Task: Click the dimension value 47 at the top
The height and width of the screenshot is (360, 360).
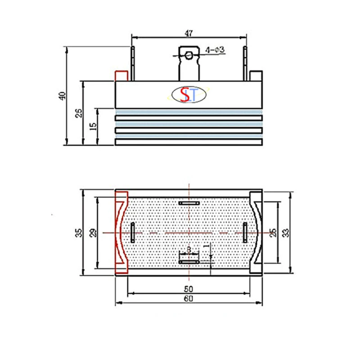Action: (189, 33)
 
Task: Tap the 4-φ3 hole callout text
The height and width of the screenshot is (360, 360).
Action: (215, 50)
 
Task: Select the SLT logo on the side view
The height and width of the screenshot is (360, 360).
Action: (189, 94)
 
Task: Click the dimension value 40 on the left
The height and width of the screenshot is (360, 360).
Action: (63, 96)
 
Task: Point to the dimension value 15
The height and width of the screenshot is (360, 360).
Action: (93, 126)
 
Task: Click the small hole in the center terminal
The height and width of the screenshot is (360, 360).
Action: (189, 55)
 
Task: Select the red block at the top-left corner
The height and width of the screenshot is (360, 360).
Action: (121, 76)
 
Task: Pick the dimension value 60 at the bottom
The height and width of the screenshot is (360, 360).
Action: (189, 298)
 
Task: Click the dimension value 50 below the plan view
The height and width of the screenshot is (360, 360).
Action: (189, 289)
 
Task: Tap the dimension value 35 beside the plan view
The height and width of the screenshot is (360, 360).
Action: (78, 233)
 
